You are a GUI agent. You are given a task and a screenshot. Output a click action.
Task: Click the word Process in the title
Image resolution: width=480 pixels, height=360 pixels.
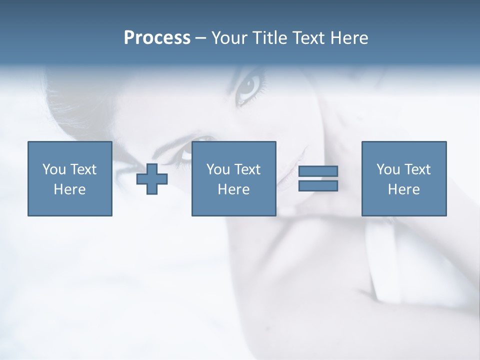pos(157,38)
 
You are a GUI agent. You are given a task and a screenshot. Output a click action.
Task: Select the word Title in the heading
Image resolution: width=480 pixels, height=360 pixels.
pos(269,38)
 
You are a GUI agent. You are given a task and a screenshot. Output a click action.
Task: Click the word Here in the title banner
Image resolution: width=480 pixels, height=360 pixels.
pos(349,38)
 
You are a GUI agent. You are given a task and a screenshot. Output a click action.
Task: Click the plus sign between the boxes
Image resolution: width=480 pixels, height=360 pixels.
pos(152,178)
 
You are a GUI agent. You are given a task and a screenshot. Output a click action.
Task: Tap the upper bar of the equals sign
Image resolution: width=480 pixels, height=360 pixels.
pos(318,171)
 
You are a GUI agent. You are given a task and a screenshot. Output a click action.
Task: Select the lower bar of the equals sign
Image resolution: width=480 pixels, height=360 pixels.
pos(318,185)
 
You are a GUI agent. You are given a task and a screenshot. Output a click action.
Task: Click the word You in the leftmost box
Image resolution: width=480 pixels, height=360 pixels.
pos(54,169)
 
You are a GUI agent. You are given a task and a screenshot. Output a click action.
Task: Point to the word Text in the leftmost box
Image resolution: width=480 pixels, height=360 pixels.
pos(82,169)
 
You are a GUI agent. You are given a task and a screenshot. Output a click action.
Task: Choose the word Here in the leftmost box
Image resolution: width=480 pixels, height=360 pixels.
pos(69,189)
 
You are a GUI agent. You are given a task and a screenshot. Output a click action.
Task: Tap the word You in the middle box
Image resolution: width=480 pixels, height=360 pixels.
pos(218,169)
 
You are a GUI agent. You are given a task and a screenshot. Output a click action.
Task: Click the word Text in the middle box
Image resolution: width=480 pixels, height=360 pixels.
pos(246,169)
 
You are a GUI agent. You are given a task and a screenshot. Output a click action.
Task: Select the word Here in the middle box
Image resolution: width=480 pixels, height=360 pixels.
pos(233,189)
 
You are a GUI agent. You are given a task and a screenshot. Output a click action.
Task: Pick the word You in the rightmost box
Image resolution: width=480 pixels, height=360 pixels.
pos(388,169)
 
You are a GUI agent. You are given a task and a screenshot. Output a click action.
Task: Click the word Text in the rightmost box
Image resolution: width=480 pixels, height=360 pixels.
pos(416,169)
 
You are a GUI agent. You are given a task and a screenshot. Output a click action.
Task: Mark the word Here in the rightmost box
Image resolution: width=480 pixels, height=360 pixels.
pos(403,189)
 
